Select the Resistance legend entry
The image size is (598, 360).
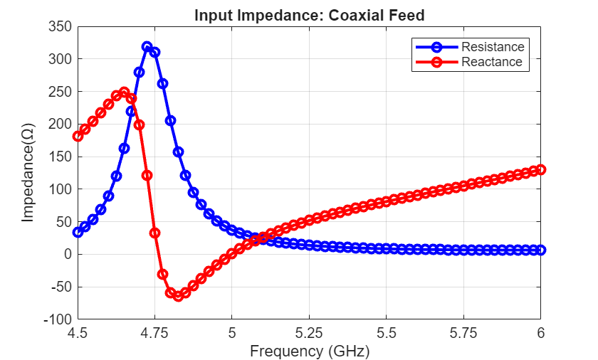click(x=492, y=47)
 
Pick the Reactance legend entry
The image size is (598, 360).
click(x=491, y=62)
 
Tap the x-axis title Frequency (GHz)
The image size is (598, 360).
click(x=309, y=351)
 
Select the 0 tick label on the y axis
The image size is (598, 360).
click(x=68, y=255)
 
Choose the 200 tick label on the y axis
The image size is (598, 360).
click(x=61, y=124)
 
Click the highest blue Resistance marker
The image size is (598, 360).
click(x=147, y=47)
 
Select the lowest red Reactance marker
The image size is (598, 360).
click(x=178, y=296)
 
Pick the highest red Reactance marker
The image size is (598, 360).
click(x=124, y=92)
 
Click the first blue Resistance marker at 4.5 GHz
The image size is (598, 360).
click(x=78, y=232)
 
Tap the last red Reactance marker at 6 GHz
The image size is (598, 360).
click(x=540, y=169)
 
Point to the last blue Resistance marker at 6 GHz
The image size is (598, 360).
click(x=540, y=250)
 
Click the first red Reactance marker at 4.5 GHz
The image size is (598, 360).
click(x=78, y=136)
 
